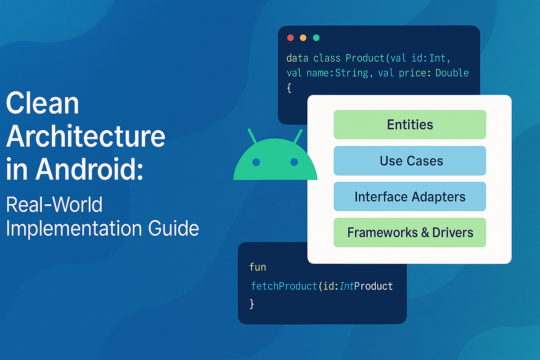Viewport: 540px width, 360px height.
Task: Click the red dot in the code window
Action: click(x=290, y=38)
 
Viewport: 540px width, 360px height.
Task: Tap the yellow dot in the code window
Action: click(x=303, y=38)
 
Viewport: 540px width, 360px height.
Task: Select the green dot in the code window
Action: click(x=316, y=38)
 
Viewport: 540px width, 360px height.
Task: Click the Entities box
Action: click(x=409, y=125)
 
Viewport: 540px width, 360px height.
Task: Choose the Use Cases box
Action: click(x=409, y=161)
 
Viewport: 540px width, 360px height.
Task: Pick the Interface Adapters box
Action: click(x=409, y=197)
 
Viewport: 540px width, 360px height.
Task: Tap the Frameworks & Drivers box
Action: click(x=409, y=233)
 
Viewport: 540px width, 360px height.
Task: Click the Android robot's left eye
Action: click(x=256, y=162)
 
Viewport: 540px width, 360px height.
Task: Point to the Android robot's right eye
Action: click(x=294, y=162)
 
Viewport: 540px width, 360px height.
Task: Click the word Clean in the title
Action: click(x=42, y=104)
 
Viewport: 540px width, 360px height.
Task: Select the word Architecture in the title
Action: click(x=85, y=137)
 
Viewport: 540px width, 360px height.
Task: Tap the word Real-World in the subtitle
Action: click(x=54, y=205)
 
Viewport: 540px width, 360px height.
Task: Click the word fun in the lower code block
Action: click(x=258, y=267)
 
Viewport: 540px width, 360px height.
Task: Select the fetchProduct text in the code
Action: click(x=284, y=286)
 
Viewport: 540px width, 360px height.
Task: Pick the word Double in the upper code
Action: click(x=452, y=73)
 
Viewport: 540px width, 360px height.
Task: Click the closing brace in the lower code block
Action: click(x=252, y=304)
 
